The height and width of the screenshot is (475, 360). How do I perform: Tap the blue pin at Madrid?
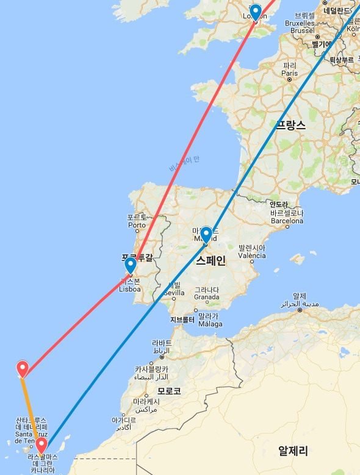click(x=206, y=234)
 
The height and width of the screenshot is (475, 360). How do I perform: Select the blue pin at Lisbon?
click(x=130, y=265)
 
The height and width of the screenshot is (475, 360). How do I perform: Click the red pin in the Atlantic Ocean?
click(x=23, y=368)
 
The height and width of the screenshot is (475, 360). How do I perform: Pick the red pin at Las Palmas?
click(x=41, y=445)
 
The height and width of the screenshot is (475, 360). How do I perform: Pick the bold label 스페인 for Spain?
click(x=211, y=262)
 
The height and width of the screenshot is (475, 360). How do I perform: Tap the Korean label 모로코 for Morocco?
click(x=168, y=391)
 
